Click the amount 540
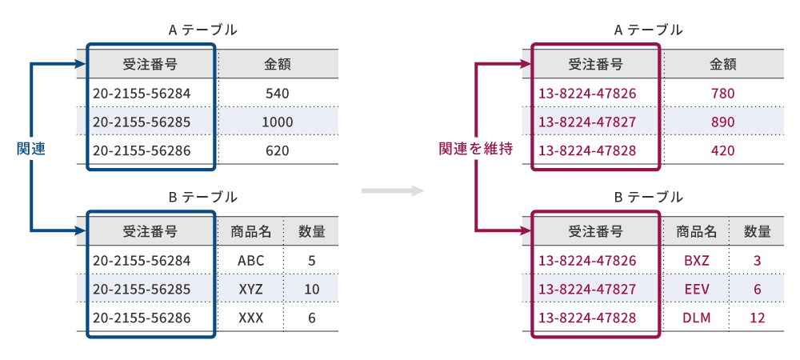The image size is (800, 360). pos(277,94)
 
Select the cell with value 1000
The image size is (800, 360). pos(277,122)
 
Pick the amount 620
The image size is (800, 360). pos(277,150)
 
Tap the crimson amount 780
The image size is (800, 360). pos(722,94)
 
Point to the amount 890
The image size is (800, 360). pos(722,122)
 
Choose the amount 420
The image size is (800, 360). pos(722,150)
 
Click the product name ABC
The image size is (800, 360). pos(250,260)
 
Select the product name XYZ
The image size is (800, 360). pos(250,289)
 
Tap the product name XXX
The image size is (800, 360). pos(250,318)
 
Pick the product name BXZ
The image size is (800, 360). pos(696,260)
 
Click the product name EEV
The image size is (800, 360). pos(696,289)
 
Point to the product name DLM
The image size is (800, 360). pos(696,318)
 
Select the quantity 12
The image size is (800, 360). pos(757,318)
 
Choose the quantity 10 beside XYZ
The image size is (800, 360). pos(311,289)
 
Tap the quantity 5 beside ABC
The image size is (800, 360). pos(311,260)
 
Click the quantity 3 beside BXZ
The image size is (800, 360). pos(757,260)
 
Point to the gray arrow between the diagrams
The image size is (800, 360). pos(391,190)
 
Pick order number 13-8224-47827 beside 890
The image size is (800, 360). pos(587,122)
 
